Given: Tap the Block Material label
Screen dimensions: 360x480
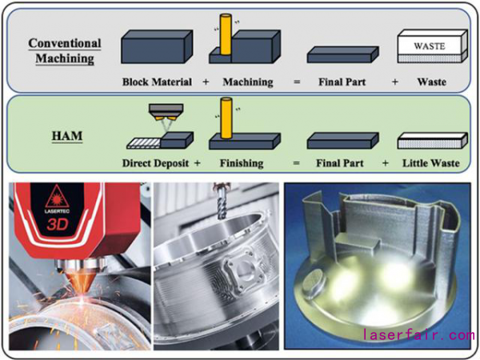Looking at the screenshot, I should (156, 82).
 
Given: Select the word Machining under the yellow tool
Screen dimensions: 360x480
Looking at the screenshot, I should (247, 82).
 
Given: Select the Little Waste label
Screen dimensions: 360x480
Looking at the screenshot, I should (432, 162).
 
